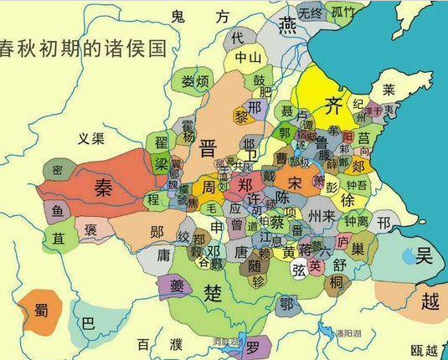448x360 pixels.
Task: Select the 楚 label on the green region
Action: pos(214,293)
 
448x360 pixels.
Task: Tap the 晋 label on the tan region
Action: pos(210,150)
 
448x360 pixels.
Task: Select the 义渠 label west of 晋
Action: pos(90,137)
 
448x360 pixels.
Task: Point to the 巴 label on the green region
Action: pos(88,326)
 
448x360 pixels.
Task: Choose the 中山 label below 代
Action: pos(248,58)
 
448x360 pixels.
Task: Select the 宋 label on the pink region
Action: pos(294,181)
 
